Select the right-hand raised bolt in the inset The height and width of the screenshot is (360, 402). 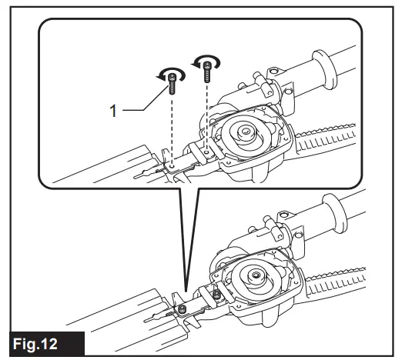(x=206, y=74)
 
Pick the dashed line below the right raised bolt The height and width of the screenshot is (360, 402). (x=206, y=115)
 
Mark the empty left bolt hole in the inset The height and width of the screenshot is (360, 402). (x=173, y=162)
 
